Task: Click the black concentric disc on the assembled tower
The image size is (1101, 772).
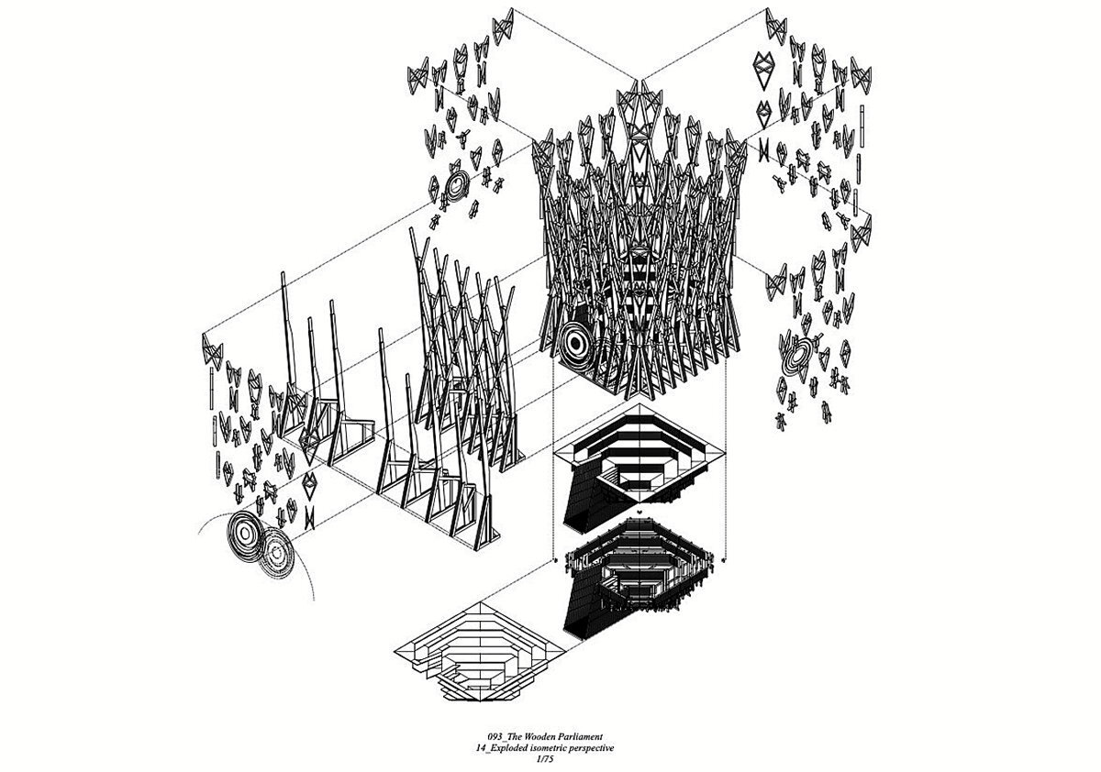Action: pos(576,345)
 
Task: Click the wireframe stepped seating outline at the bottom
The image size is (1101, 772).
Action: pos(478,652)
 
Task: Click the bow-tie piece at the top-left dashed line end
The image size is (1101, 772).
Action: pos(504,26)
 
